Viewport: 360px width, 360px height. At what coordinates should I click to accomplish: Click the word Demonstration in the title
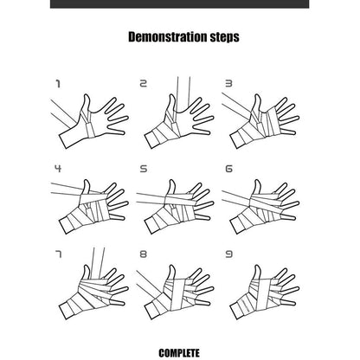[x=167, y=37]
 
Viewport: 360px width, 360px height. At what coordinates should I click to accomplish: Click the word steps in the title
[x=224, y=37]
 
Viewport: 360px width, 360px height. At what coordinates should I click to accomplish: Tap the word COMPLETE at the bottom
[x=179, y=353]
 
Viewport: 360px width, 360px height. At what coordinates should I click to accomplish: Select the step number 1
[x=58, y=84]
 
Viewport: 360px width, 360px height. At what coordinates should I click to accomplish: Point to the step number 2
[x=143, y=84]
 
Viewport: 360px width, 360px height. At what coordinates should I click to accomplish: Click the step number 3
[x=228, y=84]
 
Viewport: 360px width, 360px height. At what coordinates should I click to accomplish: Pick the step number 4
[x=58, y=169]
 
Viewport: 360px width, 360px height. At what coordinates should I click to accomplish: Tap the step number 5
[x=144, y=169]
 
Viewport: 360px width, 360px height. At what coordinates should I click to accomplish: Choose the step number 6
[x=228, y=169]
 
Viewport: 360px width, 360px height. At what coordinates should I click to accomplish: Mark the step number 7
[x=58, y=254]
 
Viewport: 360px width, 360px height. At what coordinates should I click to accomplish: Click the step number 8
[x=144, y=254]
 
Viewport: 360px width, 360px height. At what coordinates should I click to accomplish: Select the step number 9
[x=228, y=254]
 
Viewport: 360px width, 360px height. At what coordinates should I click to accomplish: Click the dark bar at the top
[x=179, y=4]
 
